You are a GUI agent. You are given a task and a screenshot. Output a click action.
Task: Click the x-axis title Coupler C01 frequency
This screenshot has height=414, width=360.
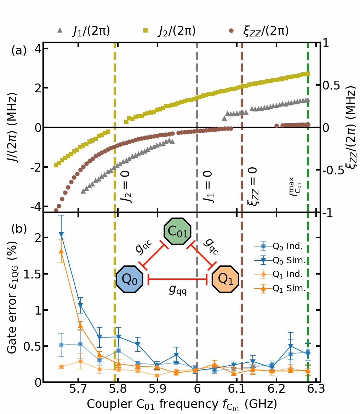182,404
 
